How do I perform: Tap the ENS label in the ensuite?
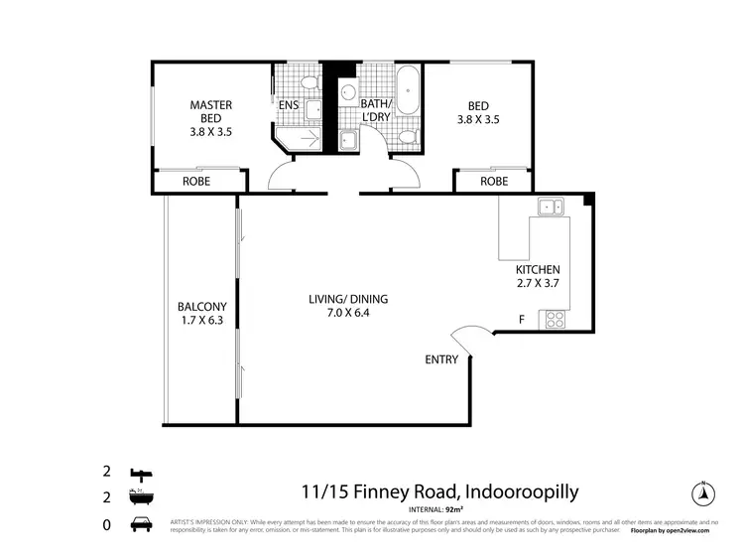coord(289,104)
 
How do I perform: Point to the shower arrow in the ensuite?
coord(310,140)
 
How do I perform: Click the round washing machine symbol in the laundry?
coord(347,94)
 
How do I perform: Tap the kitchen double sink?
coord(550,207)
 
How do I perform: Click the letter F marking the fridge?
coord(523,320)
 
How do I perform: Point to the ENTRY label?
coord(441,359)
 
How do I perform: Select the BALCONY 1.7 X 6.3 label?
coord(202,313)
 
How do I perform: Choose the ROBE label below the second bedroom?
coord(494,182)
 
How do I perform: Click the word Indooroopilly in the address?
coord(515,491)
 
